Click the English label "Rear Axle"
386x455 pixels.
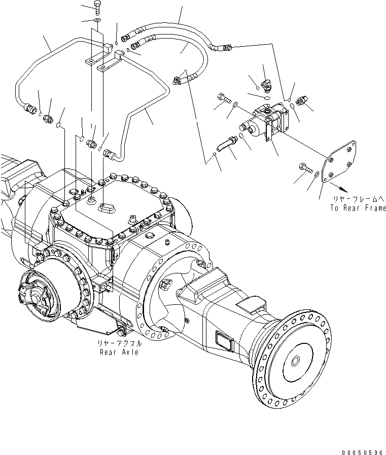pyautogui.click(x=119, y=352)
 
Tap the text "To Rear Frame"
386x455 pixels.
pyautogui.click(x=358, y=207)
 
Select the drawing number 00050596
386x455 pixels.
pyautogui.click(x=363, y=449)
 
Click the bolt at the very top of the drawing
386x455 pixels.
pyautogui.click(x=97, y=8)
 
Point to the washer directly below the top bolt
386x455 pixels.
pyautogui.click(x=97, y=20)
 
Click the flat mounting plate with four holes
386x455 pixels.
pyautogui.click(x=339, y=161)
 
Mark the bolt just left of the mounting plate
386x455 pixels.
pyautogui.click(x=305, y=168)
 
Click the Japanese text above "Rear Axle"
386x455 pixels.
pyautogui.click(x=119, y=343)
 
